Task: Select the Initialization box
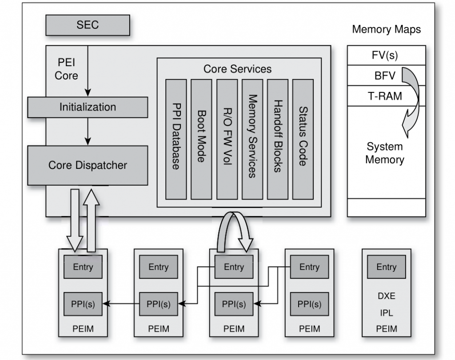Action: coord(88,108)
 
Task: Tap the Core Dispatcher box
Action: coord(88,165)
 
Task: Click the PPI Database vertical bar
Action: coord(176,139)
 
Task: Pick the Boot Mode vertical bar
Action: coord(201,139)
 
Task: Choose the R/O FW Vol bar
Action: coord(227,139)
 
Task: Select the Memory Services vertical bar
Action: coord(252,139)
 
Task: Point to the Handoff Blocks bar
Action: coord(278,139)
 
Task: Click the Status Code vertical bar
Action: coord(303,139)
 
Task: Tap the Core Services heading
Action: coord(237,69)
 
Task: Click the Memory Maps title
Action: coord(386,30)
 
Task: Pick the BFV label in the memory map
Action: coord(385,76)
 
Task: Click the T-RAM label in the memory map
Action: coord(385,96)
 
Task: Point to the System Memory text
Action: coord(384,153)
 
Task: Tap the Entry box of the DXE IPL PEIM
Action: coord(386,267)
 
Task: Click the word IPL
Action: coord(386,313)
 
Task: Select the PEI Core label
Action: coord(66,69)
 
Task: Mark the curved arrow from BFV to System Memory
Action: coord(412,100)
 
